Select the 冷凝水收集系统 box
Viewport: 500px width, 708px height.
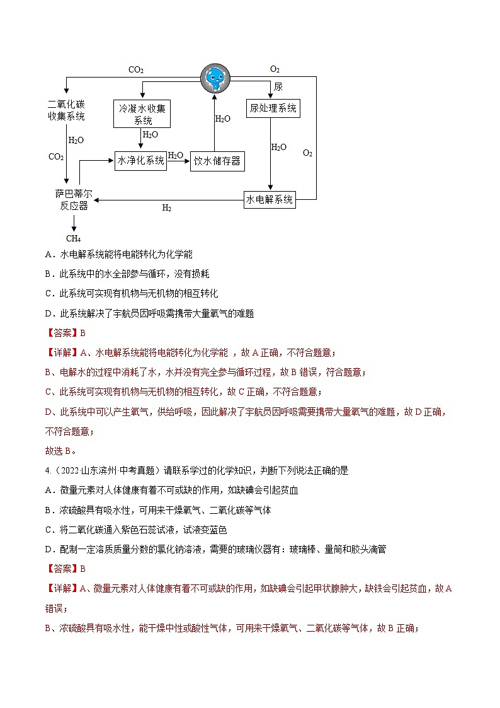click(x=144, y=114)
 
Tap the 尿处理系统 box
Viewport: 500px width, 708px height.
click(x=273, y=108)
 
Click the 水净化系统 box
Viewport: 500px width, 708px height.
click(x=140, y=161)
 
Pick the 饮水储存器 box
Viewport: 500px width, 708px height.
click(x=217, y=161)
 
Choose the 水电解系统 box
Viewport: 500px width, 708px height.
click(x=270, y=200)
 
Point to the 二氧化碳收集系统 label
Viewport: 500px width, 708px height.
click(x=66, y=110)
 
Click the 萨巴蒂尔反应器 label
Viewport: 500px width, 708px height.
click(x=74, y=200)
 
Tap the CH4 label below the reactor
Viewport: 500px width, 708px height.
click(x=74, y=238)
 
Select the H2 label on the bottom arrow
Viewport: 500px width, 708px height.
click(x=167, y=208)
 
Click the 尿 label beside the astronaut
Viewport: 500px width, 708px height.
click(x=278, y=87)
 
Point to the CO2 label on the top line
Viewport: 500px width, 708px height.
click(x=136, y=70)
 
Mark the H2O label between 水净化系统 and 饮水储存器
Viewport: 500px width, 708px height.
click(x=176, y=155)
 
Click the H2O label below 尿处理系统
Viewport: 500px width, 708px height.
click(x=278, y=147)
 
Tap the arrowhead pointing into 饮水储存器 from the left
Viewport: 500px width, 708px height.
click(x=187, y=161)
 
